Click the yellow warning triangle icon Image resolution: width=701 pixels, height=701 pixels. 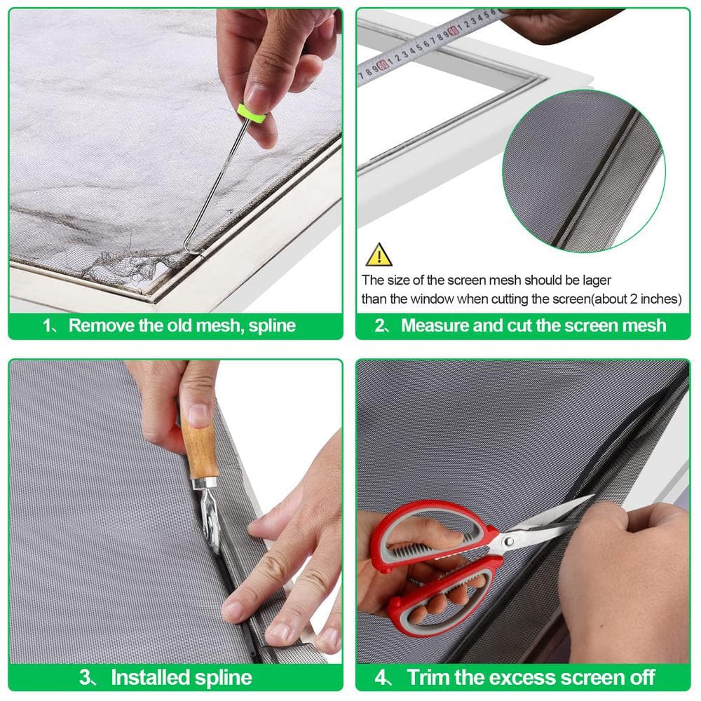379,255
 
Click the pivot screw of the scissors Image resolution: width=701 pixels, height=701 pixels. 508,542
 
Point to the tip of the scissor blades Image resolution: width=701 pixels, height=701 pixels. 593,496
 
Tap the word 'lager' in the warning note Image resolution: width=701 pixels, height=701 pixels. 597,281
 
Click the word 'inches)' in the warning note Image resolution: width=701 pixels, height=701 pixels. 661,299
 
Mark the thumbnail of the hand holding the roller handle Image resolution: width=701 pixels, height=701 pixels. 198,414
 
